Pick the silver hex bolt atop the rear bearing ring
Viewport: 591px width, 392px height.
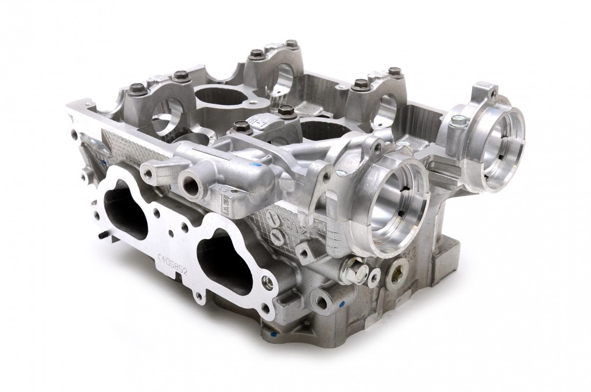[455, 119]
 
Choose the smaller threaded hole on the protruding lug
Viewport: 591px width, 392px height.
[146, 171]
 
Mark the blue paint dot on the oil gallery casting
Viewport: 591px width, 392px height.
[256, 167]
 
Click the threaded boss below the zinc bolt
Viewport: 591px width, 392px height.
[322, 302]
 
